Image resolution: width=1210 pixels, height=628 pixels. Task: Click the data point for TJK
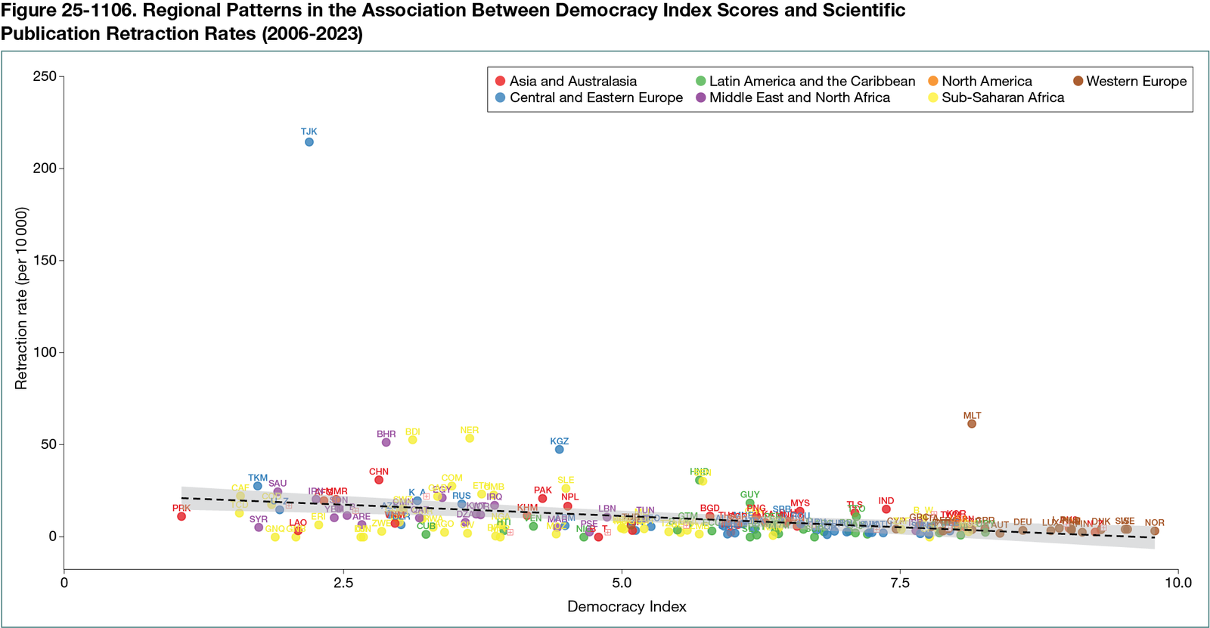click(309, 142)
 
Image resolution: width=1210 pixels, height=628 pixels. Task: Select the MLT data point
click(972, 424)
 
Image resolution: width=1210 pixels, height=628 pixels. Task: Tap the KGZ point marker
click(559, 450)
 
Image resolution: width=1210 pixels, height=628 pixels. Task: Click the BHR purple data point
click(386, 442)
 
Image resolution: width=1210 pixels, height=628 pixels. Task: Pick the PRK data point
click(181, 516)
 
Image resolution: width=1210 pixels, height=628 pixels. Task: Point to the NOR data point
click(1154, 531)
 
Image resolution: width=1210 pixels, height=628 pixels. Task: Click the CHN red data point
click(379, 480)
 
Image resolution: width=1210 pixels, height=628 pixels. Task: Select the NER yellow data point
click(470, 438)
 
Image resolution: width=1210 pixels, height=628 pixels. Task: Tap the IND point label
click(886, 501)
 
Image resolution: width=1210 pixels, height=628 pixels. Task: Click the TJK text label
click(309, 131)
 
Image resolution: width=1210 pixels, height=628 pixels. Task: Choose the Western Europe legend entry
click(1131, 81)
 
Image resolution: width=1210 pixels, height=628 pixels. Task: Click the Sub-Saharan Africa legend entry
click(996, 97)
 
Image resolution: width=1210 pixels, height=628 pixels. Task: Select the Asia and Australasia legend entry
click(566, 81)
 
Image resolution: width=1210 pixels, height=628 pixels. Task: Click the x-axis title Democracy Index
click(627, 606)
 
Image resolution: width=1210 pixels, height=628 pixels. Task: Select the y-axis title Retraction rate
click(21, 299)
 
